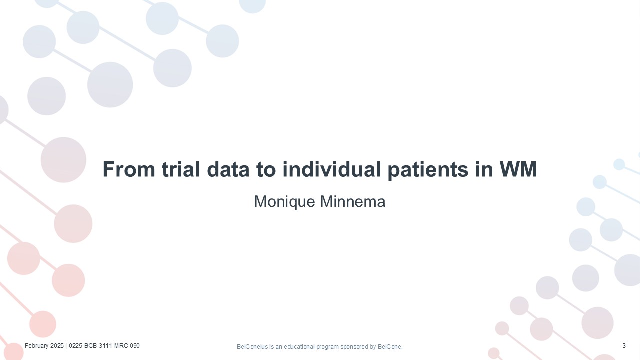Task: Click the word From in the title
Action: (129, 169)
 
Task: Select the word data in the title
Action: (228, 169)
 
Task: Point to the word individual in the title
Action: (331, 169)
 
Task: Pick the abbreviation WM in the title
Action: (518, 169)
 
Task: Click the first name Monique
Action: (284, 202)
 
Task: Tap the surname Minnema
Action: (353, 201)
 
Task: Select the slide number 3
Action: (624, 346)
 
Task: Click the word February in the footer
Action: (37, 346)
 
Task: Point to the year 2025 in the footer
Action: (57, 346)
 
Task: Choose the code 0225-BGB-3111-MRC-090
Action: (104, 346)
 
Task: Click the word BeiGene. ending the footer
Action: (390, 347)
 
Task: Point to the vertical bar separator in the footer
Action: (66, 346)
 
